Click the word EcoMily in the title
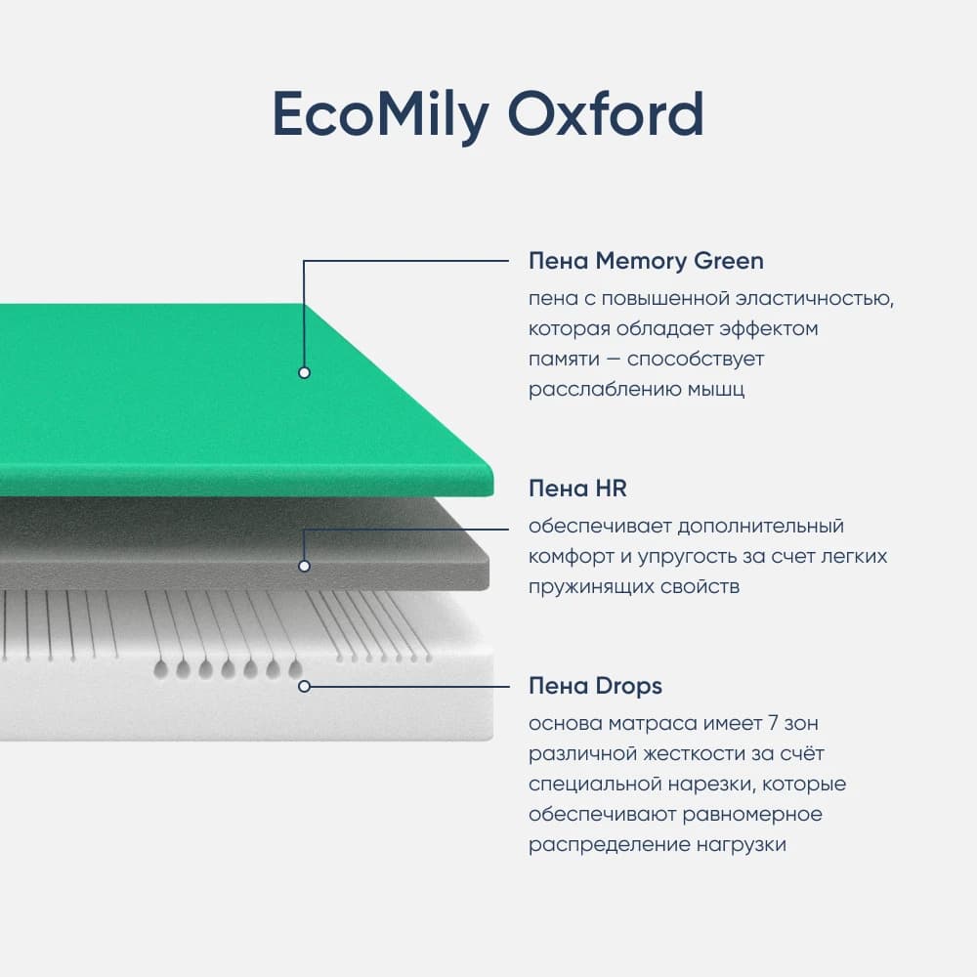(379, 115)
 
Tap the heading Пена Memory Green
(646, 262)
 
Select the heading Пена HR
(577, 488)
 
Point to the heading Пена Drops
(595, 686)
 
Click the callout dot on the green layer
(304, 372)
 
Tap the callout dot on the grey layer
(304, 565)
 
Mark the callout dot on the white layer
(304, 686)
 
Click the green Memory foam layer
(195, 401)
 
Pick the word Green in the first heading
(728, 262)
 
